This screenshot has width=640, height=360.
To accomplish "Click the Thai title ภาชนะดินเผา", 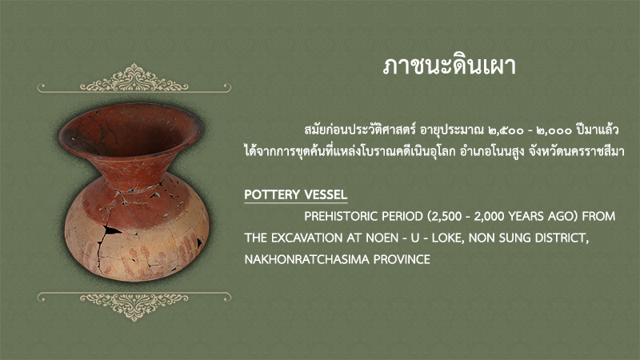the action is pos(450,66).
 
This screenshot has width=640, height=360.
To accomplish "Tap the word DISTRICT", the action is pos(560,238).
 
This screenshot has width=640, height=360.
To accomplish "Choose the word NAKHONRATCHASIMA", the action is pos(307,259).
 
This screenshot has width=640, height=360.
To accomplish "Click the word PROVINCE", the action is pos(402,259).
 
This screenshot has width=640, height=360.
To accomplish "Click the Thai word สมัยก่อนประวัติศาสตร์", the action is pos(360,130).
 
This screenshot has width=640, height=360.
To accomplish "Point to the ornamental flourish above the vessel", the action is pos(134,78).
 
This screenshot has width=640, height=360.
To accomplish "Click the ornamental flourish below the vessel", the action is pos(134,306).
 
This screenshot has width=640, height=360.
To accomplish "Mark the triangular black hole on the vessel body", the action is pos(111,230).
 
